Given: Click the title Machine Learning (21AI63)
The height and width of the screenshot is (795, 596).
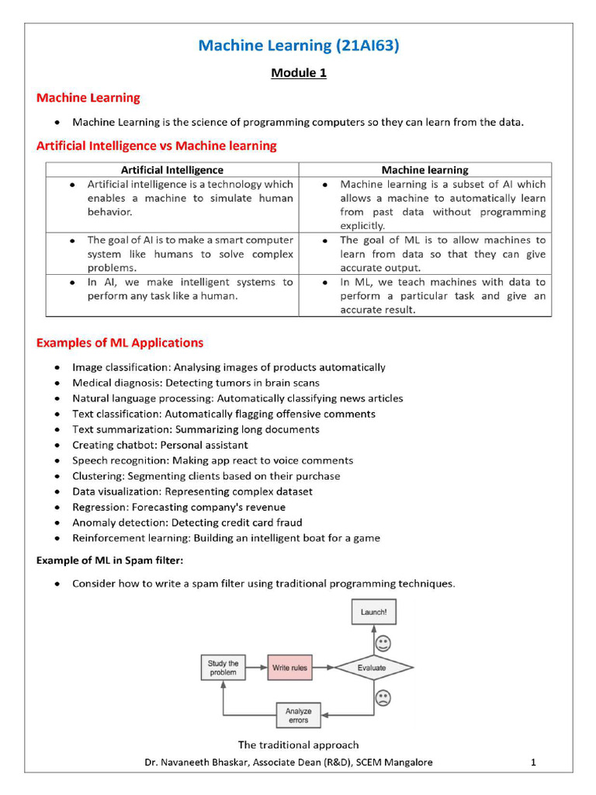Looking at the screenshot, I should point(298,46).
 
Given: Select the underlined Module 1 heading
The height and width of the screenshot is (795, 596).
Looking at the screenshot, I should point(298,73).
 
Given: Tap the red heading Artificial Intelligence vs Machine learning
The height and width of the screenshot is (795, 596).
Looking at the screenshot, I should point(156,146).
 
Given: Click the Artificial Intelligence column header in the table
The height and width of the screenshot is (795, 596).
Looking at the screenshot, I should point(172,170).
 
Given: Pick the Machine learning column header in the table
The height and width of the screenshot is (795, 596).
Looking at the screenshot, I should point(424,170).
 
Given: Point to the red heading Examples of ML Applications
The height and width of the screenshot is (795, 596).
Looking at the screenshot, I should point(120,343).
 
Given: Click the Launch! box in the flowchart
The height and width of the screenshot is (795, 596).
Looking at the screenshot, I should point(373,612).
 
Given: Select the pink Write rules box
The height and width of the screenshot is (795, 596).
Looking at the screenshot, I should point(289,668).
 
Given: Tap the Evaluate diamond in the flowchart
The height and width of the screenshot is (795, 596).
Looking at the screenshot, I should point(372,668).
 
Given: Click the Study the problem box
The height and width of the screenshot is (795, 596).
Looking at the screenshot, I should point(223,668).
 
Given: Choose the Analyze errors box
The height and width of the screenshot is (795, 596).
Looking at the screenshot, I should point(298,715).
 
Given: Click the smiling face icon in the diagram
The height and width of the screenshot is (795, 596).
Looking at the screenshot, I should point(383,644).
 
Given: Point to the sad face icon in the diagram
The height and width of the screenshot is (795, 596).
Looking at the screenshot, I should point(383,697).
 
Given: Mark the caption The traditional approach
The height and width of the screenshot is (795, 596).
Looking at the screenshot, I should point(298,745).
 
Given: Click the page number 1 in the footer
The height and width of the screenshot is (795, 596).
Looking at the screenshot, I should point(533,762).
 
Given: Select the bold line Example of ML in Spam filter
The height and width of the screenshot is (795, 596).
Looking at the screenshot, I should point(109,561).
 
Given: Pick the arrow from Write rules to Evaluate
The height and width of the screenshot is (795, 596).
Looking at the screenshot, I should point(322,668).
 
